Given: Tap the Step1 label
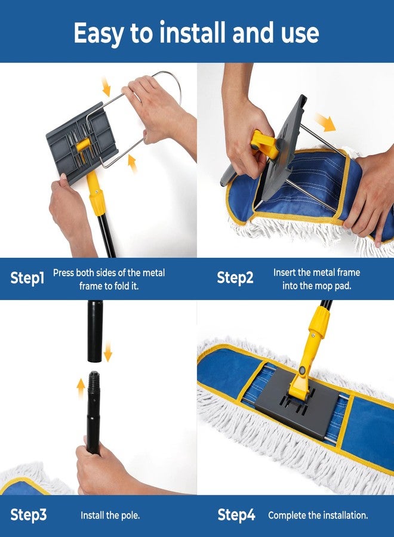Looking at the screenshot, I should pyautogui.click(x=27, y=278).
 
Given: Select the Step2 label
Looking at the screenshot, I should pyautogui.click(x=235, y=278).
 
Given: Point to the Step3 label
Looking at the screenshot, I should pyautogui.click(x=29, y=515).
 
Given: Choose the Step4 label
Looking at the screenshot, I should pyautogui.click(x=236, y=515).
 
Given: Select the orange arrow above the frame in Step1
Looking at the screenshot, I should pyautogui.click(x=106, y=87).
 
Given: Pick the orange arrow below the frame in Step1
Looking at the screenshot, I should pyautogui.click(x=132, y=163).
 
